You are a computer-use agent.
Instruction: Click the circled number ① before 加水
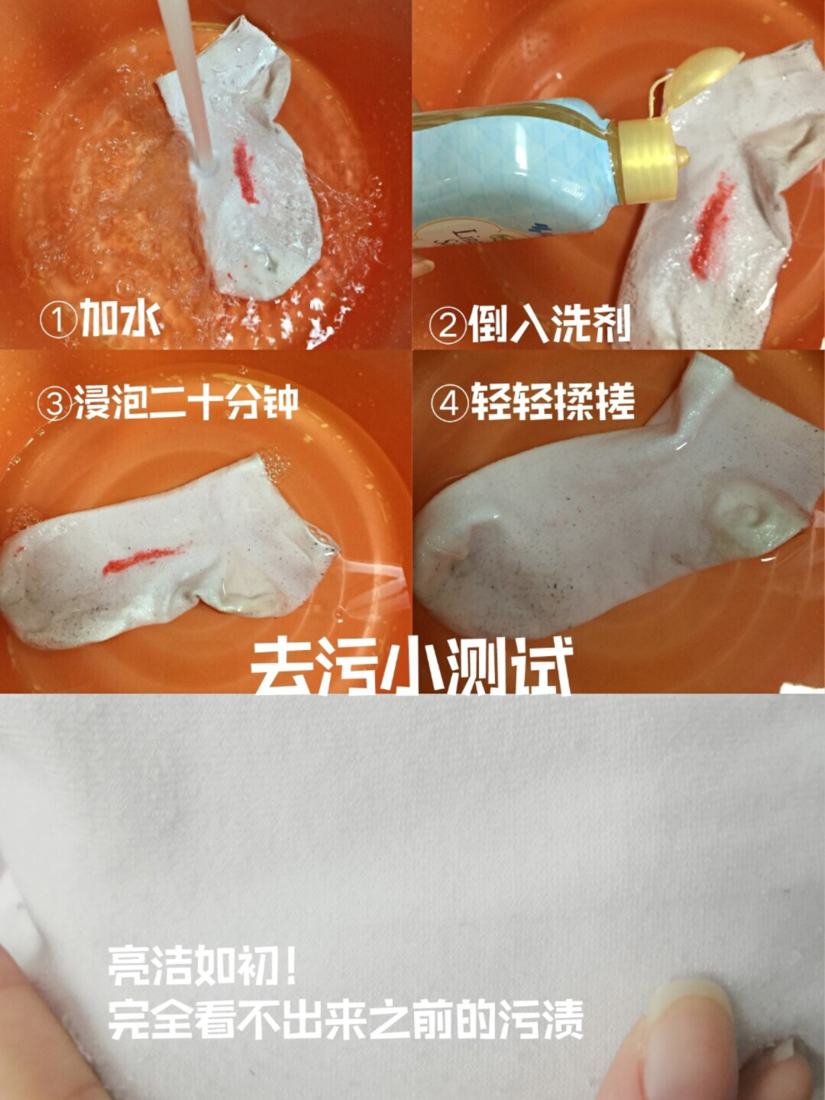59,321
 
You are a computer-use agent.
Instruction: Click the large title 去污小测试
411,668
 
